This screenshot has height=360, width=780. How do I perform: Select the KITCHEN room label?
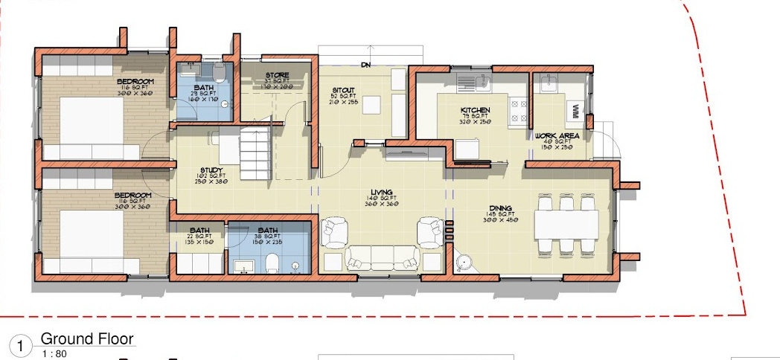474,110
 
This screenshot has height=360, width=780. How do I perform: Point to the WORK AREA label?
557,135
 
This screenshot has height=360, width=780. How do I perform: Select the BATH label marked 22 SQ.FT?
199,230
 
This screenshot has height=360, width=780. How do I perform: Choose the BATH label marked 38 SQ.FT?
268,230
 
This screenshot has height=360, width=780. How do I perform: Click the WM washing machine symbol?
575,110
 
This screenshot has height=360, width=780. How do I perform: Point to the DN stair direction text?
365,65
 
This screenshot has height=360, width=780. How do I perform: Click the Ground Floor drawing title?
87,339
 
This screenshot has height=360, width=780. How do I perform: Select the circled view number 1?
21,346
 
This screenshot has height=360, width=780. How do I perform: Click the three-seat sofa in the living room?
381,257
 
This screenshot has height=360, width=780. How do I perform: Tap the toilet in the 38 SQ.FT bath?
272,263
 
